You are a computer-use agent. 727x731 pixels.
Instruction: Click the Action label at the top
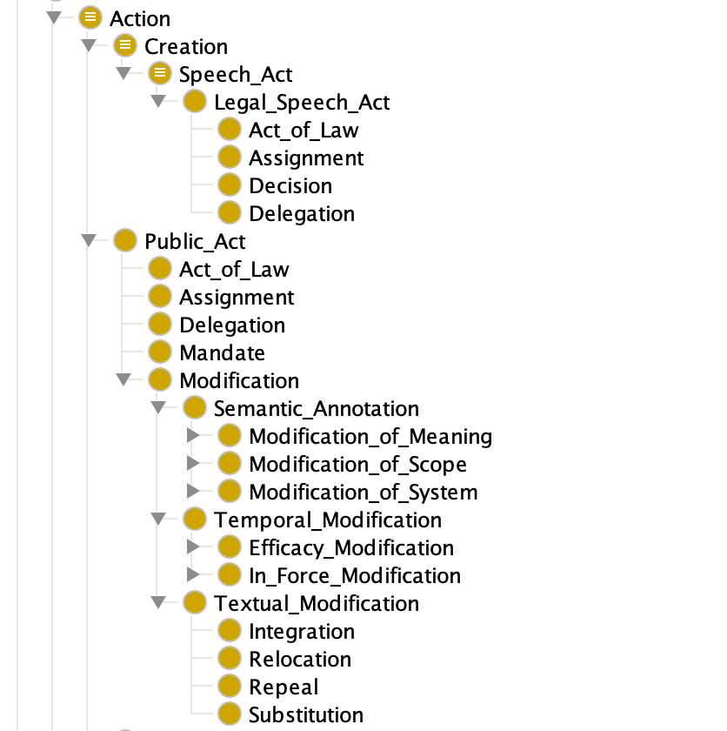click(x=140, y=18)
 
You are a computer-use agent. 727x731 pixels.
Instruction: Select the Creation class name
click(x=186, y=47)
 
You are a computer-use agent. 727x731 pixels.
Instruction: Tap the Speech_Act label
click(x=236, y=75)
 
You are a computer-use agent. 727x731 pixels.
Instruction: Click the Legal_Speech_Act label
click(x=302, y=103)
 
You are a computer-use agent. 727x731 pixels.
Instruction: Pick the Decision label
click(x=290, y=186)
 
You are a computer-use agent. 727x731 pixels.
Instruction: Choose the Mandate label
click(x=222, y=353)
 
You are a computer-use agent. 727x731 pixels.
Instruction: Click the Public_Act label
click(x=195, y=242)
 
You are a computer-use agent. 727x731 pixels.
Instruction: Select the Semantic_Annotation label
click(x=317, y=409)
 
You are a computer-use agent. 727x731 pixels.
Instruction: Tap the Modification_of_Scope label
click(x=357, y=465)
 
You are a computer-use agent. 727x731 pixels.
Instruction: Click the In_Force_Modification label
click(x=355, y=576)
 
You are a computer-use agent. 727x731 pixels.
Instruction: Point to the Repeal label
click(x=283, y=687)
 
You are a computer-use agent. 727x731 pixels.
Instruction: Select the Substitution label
click(x=306, y=714)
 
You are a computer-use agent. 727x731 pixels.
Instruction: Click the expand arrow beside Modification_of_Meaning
click(x=193, y=435)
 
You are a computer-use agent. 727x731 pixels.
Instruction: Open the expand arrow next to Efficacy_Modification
click(x=193, y=547)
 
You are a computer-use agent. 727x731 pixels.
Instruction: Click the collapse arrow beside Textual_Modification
click(x=158, y=602)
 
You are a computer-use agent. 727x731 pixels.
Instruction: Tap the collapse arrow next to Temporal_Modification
click(x=158, y=519)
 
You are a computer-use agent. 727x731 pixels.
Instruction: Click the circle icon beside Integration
click(x=229, y=631)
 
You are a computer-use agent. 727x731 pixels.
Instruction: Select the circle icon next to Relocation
click(x=229, y=659)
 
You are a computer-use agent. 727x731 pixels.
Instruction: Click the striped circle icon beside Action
click(x=90, y=17)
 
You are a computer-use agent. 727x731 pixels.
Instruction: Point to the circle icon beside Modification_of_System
click(x=229, y=492)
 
